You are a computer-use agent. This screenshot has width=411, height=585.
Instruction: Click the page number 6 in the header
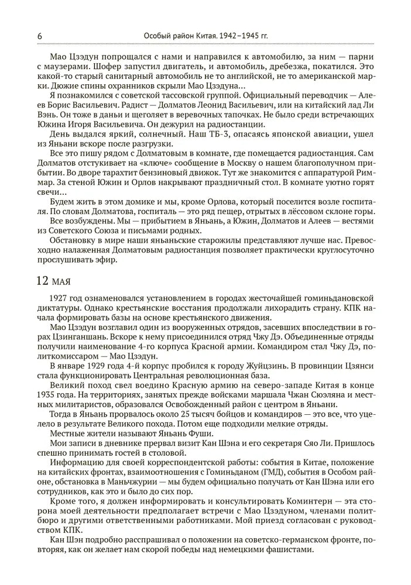coord(39,36)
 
